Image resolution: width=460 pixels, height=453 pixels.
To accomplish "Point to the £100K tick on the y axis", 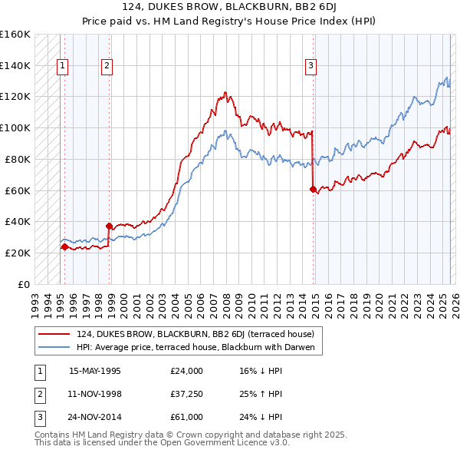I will tap(15, 127).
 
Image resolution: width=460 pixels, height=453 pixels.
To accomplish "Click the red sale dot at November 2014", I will tap(313, 189).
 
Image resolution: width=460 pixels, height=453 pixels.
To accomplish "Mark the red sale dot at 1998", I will tap(110, 226).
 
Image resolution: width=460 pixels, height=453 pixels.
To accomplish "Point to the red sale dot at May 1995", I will tap(64, 246).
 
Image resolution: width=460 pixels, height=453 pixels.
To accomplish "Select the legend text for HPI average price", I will tap(197, 347).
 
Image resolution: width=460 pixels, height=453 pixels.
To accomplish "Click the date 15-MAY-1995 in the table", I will tap(94, 371).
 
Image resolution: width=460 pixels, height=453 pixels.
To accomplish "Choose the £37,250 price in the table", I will tap(186, 394).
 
